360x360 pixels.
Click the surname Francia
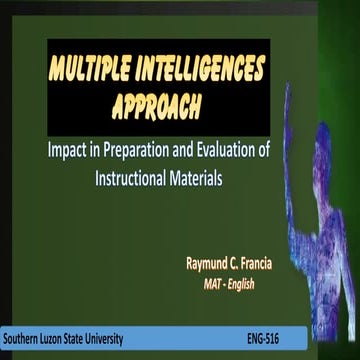281,264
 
